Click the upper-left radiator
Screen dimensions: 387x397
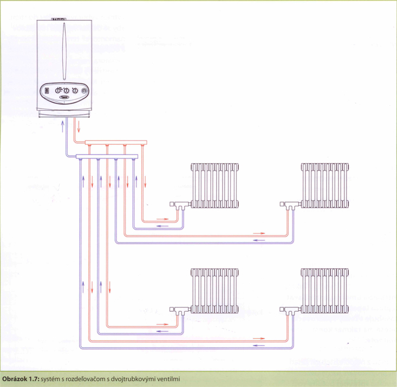point(215,185)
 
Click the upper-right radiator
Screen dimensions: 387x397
point(324,185)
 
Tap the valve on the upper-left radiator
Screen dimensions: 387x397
point(178,205)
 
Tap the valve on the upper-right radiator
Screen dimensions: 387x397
point(288,205)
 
